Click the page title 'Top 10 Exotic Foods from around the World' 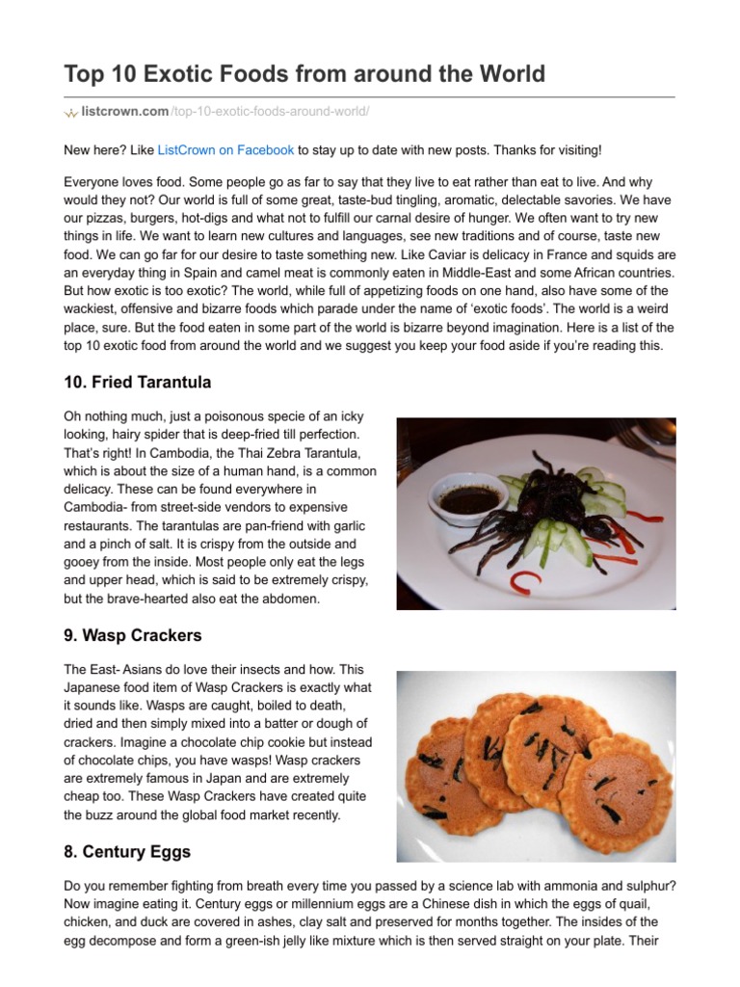pyautogui.click(x=304, y=73)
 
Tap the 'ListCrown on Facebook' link pyautogui.click(x=225, y=150)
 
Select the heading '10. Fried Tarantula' pyautogui.click(x=137, y=383)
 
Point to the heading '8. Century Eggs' pyautogui.click(x=127, y=852)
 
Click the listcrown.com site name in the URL pyautogui.click(x=125, y=113)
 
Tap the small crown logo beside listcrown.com pyautogui.click(x=70, y=114)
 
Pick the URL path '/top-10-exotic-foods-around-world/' pyautogui.click(x=270, y=113)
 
